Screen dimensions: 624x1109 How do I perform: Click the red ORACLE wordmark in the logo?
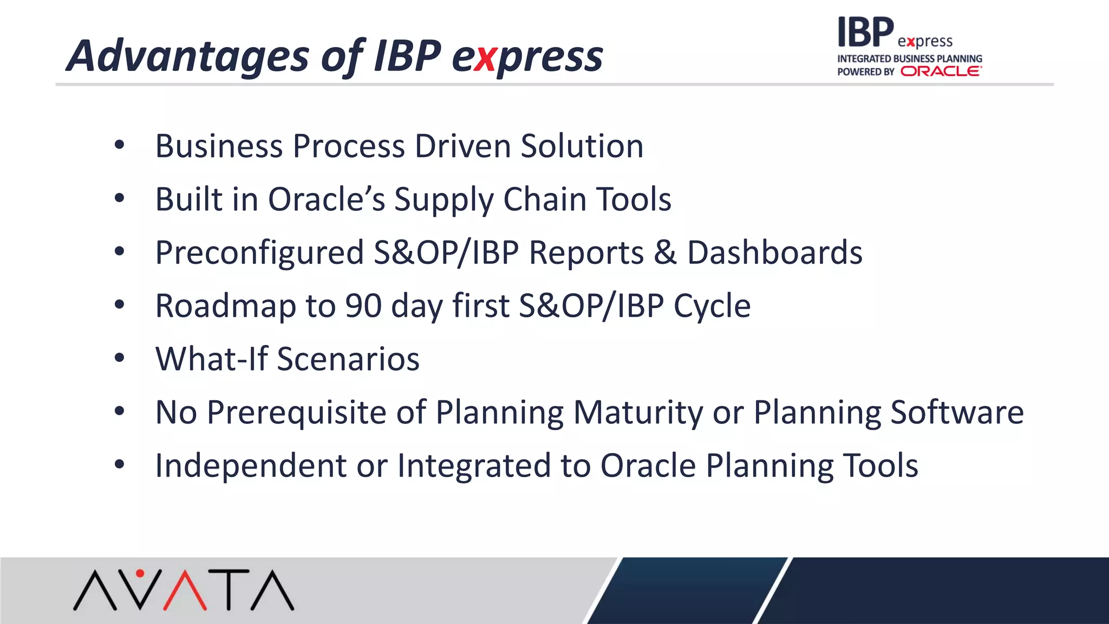[x=941, y=71]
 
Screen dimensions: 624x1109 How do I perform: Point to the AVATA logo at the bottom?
[x=184, y=590]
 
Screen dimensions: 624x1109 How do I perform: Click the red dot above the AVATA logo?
[x=140, y=573]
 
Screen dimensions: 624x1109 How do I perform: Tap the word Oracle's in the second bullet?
[x=327, y=199]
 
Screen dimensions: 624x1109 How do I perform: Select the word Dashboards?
[x=774, y=252]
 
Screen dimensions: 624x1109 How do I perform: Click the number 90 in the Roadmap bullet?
[x=363, y=305]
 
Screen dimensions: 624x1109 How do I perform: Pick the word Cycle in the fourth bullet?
[x=712, y=305]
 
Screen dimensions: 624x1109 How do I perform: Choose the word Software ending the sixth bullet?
[x=957, y=412]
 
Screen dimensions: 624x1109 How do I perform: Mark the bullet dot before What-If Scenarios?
[x=120, y=357]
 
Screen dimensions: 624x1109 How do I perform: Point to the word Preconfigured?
[x=259, y=253]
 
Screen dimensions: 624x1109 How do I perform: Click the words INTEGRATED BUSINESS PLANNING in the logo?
[x=909, y=58]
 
